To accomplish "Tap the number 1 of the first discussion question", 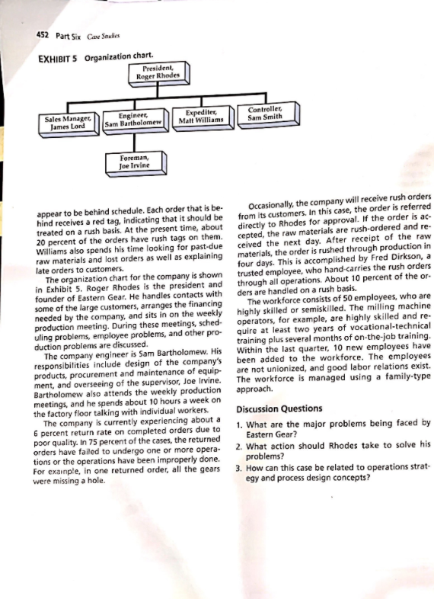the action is tap(239, 424).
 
